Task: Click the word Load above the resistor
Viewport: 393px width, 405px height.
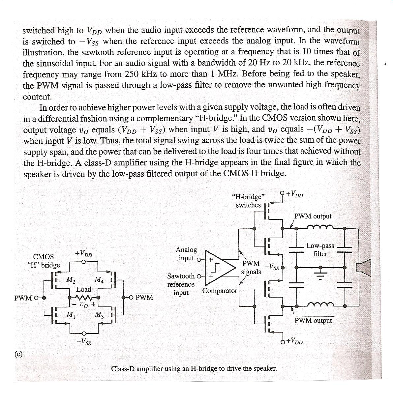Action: (83, 289)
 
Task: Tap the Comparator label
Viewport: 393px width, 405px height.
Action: (220, 291)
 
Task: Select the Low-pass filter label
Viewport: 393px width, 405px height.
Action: (320, 250)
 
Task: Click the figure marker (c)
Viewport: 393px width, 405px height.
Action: (18, 354)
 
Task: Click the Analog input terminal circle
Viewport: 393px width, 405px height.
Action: (199, 259)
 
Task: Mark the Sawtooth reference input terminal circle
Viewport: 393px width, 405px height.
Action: (199, 276)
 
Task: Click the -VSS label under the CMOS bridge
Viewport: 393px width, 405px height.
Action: (84, 342)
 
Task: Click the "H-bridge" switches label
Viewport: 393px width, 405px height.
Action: (248, 201)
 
